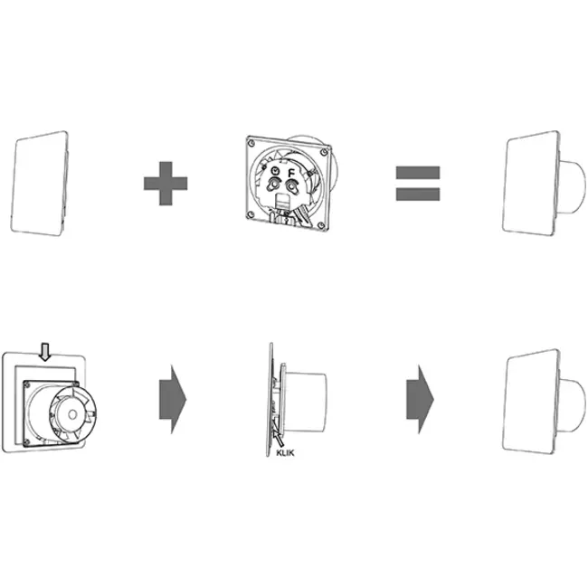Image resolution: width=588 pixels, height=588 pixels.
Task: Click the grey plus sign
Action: point(166,184)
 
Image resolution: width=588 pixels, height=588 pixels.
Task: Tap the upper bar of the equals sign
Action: point(418,173)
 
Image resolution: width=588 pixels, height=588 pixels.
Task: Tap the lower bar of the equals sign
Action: point(418,194)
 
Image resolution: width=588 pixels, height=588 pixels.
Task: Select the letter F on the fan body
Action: point(291,174)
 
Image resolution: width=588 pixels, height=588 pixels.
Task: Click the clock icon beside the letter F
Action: point(276,171)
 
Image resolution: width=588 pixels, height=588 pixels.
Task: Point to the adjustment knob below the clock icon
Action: point(273,185)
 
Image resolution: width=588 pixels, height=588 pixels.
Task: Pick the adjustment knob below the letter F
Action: point(291,186)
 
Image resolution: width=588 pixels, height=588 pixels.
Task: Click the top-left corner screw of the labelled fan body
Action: point(251,143)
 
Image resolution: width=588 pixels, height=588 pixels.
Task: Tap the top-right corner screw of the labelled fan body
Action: point(324,151)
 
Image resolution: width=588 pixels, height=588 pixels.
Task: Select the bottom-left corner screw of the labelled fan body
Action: point(250,215)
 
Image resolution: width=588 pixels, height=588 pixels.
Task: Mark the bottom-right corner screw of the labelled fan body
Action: point(321,225)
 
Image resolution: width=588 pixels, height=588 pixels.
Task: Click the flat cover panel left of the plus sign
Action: point(40,184)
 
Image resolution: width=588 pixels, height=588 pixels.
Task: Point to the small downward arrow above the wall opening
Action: point(45,351)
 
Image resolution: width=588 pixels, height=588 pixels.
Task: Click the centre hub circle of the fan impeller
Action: point(72,414)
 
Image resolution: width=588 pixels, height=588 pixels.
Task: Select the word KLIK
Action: point(285,452)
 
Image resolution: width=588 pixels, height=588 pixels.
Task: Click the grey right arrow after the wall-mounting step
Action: point(173,399)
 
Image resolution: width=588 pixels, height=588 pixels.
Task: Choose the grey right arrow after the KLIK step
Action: point(420,399)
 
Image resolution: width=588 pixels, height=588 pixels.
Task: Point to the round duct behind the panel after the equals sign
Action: point(572,186)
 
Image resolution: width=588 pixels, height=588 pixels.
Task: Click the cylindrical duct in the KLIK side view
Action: point(305,402)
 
